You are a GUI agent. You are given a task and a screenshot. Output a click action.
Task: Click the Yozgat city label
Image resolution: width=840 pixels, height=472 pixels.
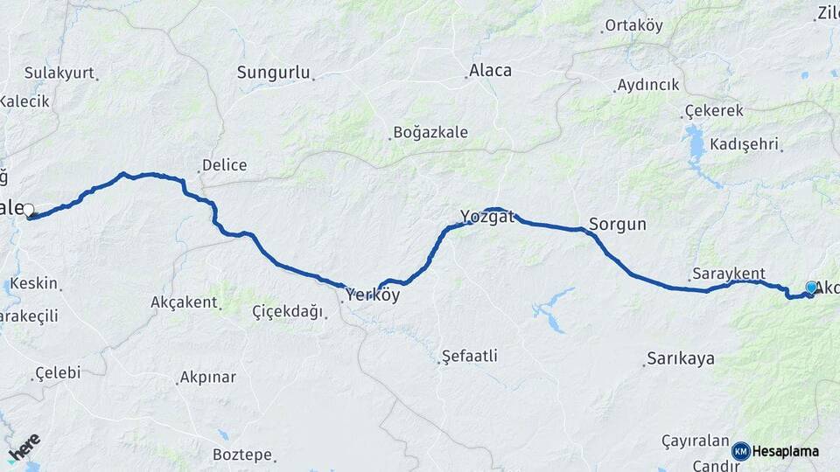(487, 217)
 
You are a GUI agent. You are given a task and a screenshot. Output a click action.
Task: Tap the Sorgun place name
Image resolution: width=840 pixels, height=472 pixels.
(618, 225)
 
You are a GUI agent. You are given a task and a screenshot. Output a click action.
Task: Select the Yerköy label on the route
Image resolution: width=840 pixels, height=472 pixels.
(373, 295)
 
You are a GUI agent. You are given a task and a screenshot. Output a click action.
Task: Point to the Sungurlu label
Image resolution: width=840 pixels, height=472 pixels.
(274, 73)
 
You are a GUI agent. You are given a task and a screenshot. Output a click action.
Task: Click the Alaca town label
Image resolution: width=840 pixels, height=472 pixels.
(490, 71)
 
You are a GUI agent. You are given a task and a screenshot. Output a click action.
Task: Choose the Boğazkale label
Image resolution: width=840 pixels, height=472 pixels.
(430, 133)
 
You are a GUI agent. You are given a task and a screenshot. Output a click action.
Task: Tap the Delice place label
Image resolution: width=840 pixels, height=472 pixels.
(224, 165)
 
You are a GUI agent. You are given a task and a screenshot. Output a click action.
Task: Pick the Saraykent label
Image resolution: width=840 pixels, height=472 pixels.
(728, 274)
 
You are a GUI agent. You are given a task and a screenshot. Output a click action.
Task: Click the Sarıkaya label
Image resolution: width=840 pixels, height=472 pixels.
(681, 358)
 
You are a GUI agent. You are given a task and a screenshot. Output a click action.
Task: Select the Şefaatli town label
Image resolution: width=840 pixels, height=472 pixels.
(470, 356)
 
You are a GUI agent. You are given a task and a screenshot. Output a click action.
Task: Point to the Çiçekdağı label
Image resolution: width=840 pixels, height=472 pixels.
(288, 311)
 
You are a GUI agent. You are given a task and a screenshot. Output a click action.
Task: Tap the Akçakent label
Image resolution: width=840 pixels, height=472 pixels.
(184, 302)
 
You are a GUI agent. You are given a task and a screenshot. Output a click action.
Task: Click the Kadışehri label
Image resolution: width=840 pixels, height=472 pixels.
(745, 143)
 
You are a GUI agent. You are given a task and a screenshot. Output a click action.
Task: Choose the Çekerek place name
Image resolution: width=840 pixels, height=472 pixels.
(714, 111)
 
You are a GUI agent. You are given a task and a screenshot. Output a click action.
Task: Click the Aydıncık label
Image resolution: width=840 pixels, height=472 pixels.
(648, 85)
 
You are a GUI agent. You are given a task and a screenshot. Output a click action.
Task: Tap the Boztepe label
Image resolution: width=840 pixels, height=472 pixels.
(244, 455)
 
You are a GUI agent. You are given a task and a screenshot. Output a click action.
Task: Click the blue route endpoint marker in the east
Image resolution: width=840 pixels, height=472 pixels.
(811, 288)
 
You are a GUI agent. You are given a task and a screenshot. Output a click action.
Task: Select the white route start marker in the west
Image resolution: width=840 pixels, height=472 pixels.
(29, 210)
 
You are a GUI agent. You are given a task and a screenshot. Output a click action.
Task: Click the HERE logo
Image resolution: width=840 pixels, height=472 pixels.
(24, 447)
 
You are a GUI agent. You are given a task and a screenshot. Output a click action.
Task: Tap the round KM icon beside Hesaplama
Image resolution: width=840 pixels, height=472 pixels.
(741, 451)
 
